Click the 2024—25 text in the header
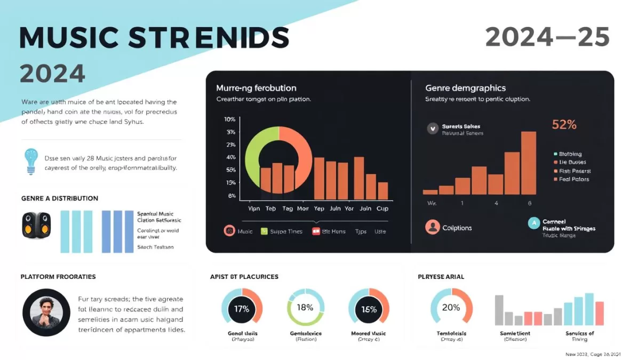547,38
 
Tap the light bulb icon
31,162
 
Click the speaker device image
37,225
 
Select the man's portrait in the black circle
46,313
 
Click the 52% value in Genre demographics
564,125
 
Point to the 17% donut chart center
242,308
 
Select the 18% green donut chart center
305,307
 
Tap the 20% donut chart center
451,307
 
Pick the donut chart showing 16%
369,309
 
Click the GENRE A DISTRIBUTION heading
59,198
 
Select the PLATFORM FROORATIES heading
58,277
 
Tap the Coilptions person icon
432,227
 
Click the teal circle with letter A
533,223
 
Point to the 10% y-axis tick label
230,119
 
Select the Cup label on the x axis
382,209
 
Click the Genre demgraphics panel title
465,87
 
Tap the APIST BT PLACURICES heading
244,277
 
